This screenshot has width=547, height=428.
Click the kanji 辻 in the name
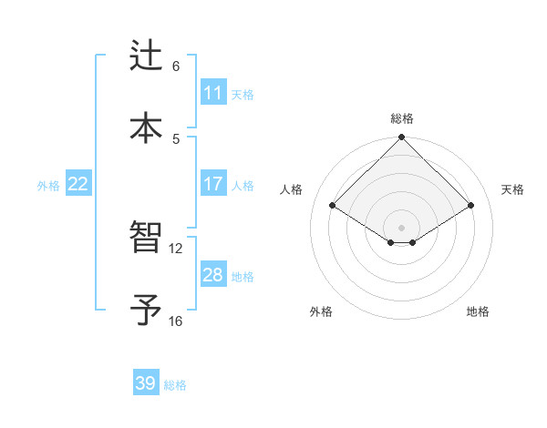pyautogui.click(x=146, y=56)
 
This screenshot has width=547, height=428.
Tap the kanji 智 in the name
pyautogui.click(x=146, y=239)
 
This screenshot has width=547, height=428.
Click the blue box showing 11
pyautogui.click(x=213, y=93)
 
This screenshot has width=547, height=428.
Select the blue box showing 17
pyautogui.click(x=213, y=184)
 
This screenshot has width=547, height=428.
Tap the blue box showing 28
pyautogui.click(x=213, y=275)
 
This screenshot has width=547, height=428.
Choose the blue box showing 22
pyautogui.click(x=77, y=184)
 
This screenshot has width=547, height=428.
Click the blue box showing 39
pyautogui.click(x=146, y=383)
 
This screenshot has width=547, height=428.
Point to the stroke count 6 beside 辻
pyautogui.click(x=176, y=66)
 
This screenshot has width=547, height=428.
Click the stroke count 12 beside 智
pyautogui.click(x=176, y=248)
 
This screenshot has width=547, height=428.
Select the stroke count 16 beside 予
pyautogui.click(x=176, y=321)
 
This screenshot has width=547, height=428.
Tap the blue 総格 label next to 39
pyautogui.click(x=175, y=385)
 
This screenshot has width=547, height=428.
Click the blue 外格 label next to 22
pyautogui.click(x=48, y=186)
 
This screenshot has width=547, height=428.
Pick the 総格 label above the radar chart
pyautogui.click(x=402, y=118)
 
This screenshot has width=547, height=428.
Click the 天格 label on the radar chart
pyautogui.click(x=513, y=189)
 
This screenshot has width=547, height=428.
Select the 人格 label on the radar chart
pyautogui.click(x=292, y=189)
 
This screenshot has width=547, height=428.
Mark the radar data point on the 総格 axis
pyautogui.click(x=402, y=138)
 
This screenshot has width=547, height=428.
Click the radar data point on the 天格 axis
pyautogui.click(x=470, y=206)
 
